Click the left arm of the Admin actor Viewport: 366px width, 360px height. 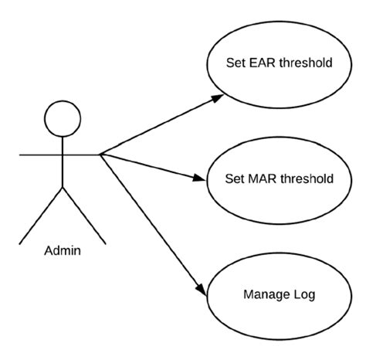39,155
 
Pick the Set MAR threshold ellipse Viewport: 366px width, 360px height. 279,178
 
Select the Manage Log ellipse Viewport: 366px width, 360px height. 279,294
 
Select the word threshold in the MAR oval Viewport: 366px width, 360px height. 307,178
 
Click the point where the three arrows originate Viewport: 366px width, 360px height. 100,155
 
